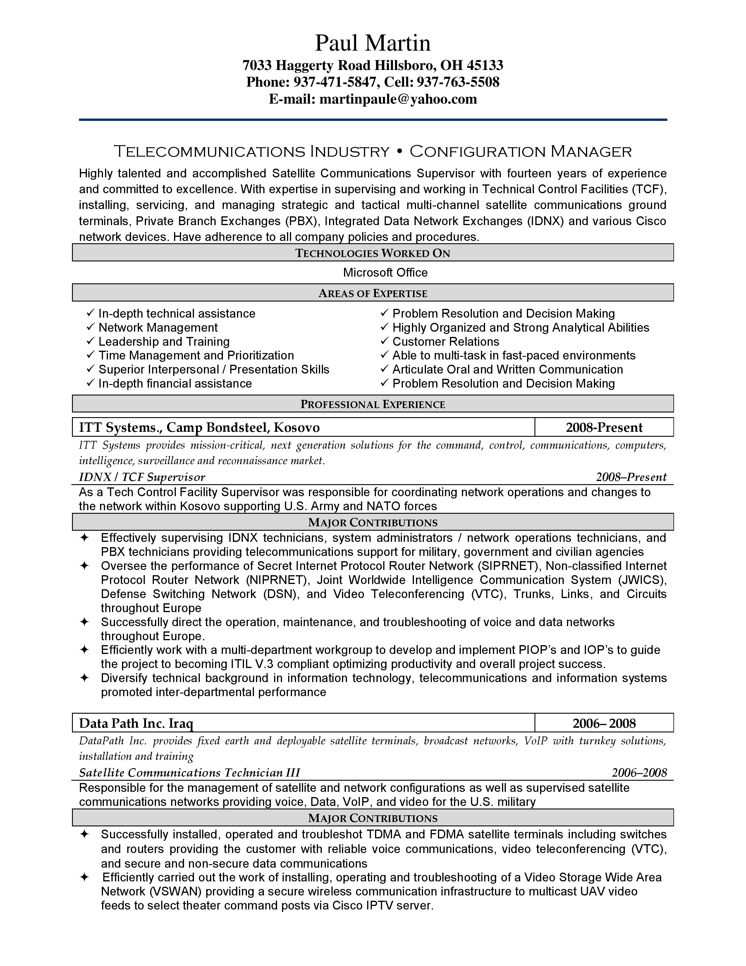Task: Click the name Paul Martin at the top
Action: [372, 43]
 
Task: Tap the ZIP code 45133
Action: [485, 66]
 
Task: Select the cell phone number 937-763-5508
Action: [458, 82]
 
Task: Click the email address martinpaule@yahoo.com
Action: [398, 99]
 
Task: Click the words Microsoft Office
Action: [385, 273]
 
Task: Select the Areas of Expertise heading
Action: [372, 293]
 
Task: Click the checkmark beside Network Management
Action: [91, 327]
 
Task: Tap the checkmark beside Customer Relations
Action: [384, 341]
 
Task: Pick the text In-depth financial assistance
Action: [175, 383]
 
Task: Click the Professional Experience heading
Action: [372, 404]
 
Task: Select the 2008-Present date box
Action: [604, 427]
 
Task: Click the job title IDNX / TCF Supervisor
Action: [142, 477]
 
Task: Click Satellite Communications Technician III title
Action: [189, 773]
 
